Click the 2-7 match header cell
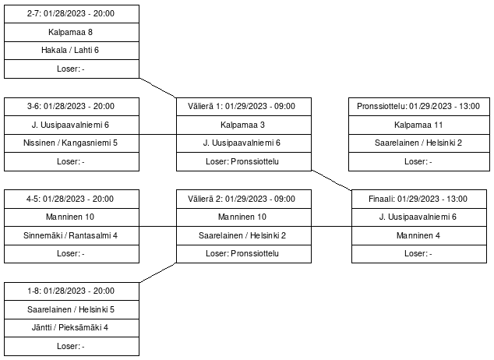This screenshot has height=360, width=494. (x=72, y=14)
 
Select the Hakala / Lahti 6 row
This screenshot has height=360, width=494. (x=72, y=51)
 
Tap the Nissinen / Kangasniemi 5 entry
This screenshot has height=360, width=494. (x=72, y=143)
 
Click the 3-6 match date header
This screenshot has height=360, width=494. (x=72, y=107)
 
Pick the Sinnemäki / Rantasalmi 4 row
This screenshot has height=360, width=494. (x=72, y=235)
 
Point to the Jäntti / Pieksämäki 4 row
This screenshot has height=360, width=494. (x=72, y=328)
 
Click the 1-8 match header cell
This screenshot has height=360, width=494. (x=72, y=291)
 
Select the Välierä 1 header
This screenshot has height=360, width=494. (x=244, y=107)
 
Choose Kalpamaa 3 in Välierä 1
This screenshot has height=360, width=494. (x=244, y=125)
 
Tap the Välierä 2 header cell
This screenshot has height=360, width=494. (x=244, y=199)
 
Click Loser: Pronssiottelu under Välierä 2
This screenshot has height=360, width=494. (x=244, y=254)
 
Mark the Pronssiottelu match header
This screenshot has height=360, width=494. (x=419, y=107)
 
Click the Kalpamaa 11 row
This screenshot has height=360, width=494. (x=419, y=125)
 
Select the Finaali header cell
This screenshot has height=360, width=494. (x=419, y=199)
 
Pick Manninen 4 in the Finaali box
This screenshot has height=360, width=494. (x=419, y=235)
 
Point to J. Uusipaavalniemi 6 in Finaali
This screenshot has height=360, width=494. (x=419, y=217)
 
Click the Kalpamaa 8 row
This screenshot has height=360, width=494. (x=72, y=32)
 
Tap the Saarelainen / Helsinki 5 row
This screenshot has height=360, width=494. (x=72, y=309)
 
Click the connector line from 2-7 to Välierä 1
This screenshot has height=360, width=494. (x=157, y=88)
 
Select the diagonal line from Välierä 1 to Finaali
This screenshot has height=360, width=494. (x=331, y=180)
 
